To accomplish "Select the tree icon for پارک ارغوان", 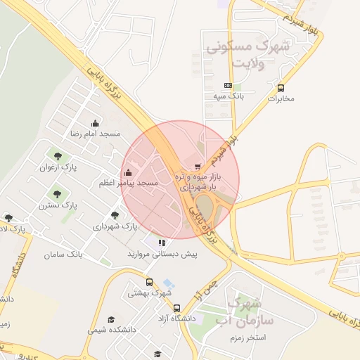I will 57,156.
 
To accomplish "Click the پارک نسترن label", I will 57,205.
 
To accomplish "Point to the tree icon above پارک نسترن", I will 57,194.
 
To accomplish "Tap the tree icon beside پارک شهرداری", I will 115,216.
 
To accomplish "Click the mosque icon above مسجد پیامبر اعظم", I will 128,173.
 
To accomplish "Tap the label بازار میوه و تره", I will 198,179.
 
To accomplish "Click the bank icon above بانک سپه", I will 227,84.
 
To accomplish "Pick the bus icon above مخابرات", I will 281,88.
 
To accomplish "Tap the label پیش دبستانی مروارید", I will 162,254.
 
